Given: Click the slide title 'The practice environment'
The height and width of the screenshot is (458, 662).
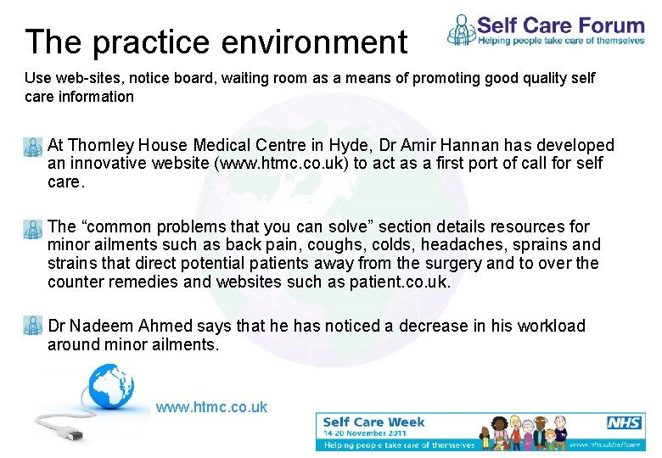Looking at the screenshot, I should (x=216, y=42).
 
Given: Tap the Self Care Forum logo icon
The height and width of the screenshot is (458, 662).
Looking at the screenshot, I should (x=462, y=30).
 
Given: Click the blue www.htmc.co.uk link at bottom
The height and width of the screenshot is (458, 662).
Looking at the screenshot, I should (x=211, y=407).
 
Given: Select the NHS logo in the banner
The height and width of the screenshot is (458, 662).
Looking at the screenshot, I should (x=624, y=422).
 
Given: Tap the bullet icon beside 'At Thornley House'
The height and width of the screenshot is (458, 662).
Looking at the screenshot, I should (x=33, y=148).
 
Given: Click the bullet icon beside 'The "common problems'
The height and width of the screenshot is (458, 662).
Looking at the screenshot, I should (x=33, y=229).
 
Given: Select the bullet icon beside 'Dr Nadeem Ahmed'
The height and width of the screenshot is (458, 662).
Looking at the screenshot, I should (x=33, y=327).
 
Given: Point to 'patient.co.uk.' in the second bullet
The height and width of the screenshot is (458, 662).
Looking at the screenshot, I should (x=400, y=282).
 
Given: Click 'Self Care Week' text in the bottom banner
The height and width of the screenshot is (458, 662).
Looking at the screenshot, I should (x=373, y=422).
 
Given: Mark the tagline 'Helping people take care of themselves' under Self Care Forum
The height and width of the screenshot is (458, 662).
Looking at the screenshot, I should (x=560, y=39).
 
